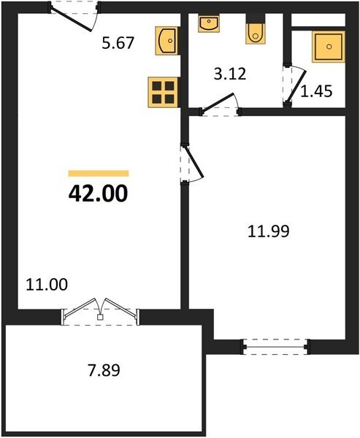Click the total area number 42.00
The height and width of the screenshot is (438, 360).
[98, 193]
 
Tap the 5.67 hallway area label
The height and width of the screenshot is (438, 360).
[118, 43]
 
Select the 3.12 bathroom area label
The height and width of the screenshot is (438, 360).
[230, 74]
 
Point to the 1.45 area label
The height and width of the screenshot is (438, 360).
[316, 91]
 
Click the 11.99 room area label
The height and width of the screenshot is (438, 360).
[268, 231]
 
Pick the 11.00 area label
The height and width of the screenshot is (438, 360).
[47, 285]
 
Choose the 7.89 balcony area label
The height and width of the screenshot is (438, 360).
[104, 370]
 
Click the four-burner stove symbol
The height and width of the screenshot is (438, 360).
[164, 93]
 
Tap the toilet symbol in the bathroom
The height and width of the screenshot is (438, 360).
[255, 30]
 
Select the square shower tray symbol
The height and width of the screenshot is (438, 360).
[329, 47]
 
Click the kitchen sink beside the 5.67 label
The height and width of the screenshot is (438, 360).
[167, 41]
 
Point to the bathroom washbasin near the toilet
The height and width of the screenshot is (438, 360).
[209, 24]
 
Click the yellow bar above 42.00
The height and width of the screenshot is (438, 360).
[99, 174]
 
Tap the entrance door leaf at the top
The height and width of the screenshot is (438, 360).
[72, 19]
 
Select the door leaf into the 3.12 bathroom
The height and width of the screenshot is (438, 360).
[218, 102]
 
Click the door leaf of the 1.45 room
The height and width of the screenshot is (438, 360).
[296, 85]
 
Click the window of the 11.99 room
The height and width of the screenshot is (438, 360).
[276, 347]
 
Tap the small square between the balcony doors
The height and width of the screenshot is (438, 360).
[100, 317]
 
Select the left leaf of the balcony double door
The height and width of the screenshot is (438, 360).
[80, 308]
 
